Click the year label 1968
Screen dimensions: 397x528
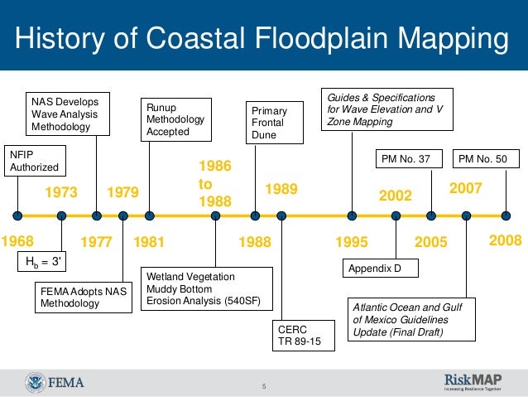17,242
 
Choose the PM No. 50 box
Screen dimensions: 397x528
488,158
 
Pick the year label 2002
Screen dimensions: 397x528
395,196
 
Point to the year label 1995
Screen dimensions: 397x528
351,242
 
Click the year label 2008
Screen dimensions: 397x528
505,240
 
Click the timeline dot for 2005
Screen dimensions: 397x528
430,215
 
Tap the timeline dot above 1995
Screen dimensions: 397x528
353,215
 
